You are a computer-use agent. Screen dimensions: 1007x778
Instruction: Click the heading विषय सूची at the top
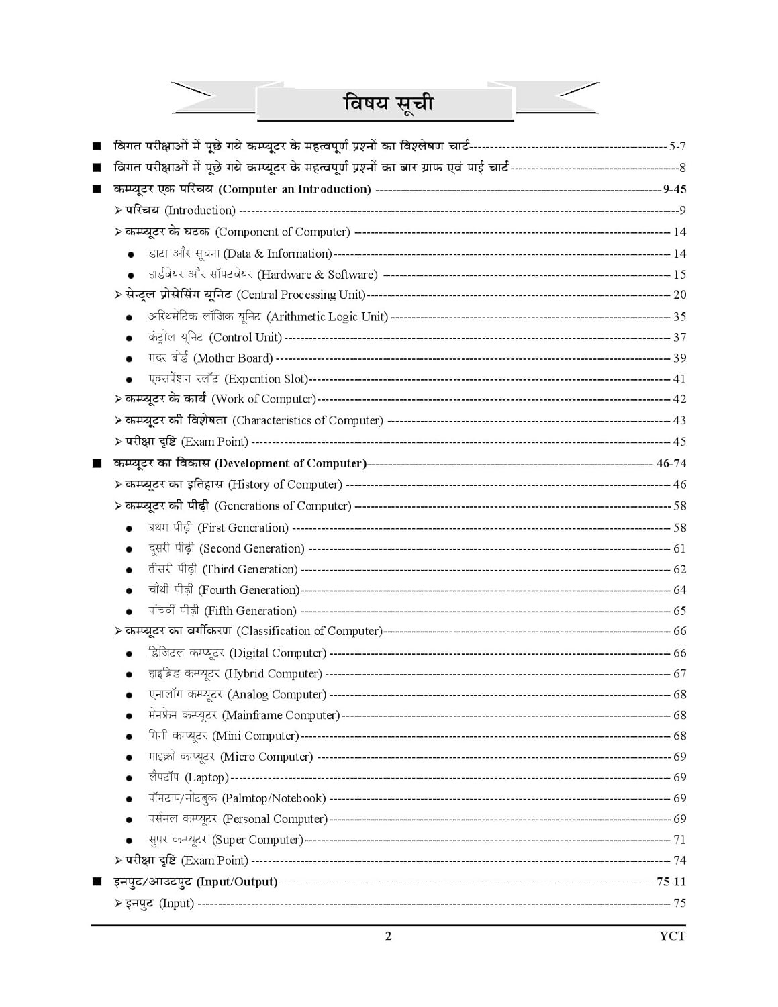(389, 103)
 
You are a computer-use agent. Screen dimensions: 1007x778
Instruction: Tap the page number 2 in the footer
(388, 937)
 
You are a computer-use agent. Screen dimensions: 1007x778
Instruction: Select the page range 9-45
(674, 189)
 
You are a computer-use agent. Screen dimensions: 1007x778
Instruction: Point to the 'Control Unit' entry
(215, 337)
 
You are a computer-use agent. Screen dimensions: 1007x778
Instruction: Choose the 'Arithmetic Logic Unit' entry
(268, 316)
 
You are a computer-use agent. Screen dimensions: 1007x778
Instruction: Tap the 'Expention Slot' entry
(228, 379)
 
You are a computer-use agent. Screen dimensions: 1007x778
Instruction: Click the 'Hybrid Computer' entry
(235, 673)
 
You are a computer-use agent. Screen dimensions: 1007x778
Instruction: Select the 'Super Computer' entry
(226, 839)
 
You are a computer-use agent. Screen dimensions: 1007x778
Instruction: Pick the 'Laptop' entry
(189, 777)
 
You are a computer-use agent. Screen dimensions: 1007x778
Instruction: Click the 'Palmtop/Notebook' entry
(237, 798)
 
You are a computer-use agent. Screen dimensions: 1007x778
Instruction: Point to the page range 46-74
(671, 463)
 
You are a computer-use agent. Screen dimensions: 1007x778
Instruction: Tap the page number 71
(679, 839)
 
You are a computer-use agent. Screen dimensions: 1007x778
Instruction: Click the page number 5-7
(677, 146)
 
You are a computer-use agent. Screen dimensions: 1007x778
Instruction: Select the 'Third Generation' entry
(223, 569)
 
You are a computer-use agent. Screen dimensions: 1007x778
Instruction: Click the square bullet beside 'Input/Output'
(97, 881)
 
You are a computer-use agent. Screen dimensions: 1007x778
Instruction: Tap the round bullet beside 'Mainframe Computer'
(130, 716)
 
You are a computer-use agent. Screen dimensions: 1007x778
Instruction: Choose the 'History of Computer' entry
(234, 484)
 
